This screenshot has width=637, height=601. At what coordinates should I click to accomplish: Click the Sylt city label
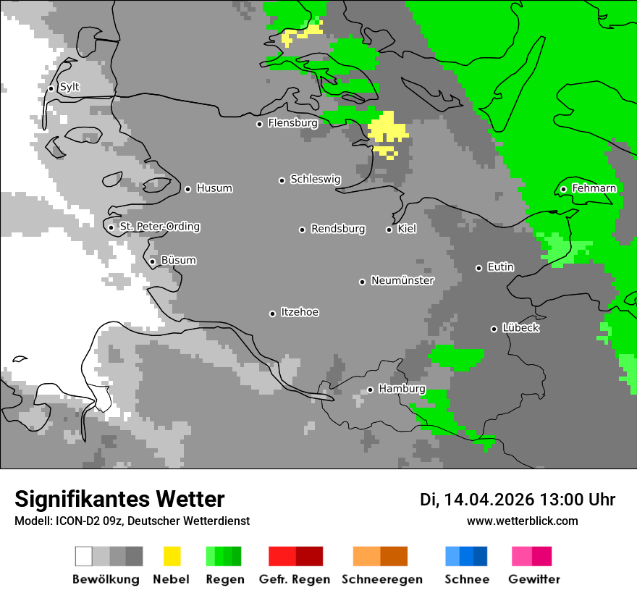69,87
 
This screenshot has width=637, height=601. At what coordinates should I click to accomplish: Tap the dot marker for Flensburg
259,124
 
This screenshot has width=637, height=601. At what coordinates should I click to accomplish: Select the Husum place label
214,188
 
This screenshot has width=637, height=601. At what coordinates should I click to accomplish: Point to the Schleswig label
315,179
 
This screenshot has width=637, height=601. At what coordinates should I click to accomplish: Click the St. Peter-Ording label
159,227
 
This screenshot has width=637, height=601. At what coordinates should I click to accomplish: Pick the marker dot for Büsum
152,261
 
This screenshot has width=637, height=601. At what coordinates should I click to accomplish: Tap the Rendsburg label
338,229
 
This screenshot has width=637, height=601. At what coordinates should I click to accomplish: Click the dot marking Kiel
389,230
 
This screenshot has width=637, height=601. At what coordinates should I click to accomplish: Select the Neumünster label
402,280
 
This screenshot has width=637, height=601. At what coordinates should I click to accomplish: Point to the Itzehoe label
300,312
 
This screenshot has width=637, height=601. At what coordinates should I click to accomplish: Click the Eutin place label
500,267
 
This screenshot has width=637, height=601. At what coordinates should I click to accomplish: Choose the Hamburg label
402,389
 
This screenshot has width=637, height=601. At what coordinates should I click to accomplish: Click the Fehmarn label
594,188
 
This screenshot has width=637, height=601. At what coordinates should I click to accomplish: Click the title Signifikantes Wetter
119,499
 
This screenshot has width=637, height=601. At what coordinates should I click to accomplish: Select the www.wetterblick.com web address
522,521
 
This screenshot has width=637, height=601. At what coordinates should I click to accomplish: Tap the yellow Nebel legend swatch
172,556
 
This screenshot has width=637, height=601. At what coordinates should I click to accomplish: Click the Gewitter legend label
533,579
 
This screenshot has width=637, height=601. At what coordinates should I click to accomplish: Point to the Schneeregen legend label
381,579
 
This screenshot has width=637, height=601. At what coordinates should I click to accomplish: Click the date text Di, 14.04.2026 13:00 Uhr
518,500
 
